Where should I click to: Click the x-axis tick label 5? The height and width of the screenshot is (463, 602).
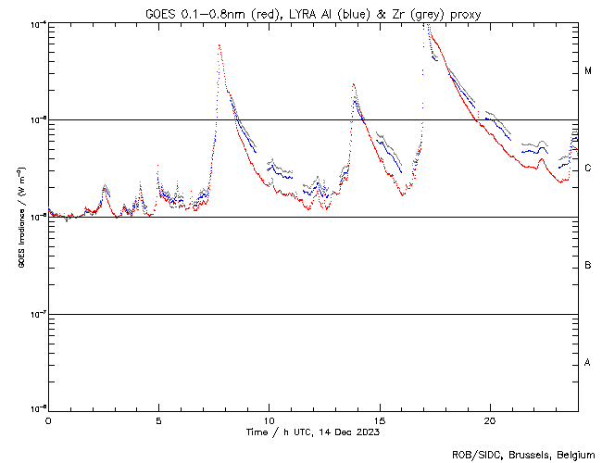(158, 419)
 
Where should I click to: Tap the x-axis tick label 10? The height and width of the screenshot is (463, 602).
(269, 419)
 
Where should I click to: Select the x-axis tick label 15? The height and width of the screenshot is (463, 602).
(380, 419)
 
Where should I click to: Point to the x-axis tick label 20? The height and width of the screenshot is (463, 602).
(490, 419)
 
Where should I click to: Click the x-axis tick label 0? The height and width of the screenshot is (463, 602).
(48, 419)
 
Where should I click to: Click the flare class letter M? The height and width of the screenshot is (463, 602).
(588, 71)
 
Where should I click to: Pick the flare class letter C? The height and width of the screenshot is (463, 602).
(588, 169)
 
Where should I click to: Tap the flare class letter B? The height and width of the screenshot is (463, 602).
(588, 266)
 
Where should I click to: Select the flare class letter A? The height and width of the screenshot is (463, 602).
(588, 362)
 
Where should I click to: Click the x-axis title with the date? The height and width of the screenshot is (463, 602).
(312, 432)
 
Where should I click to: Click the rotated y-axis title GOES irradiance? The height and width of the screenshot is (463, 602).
(20, 216)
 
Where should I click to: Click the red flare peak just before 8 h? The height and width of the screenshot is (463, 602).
(219, 45)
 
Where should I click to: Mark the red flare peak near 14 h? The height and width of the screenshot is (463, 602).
(353, 84)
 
